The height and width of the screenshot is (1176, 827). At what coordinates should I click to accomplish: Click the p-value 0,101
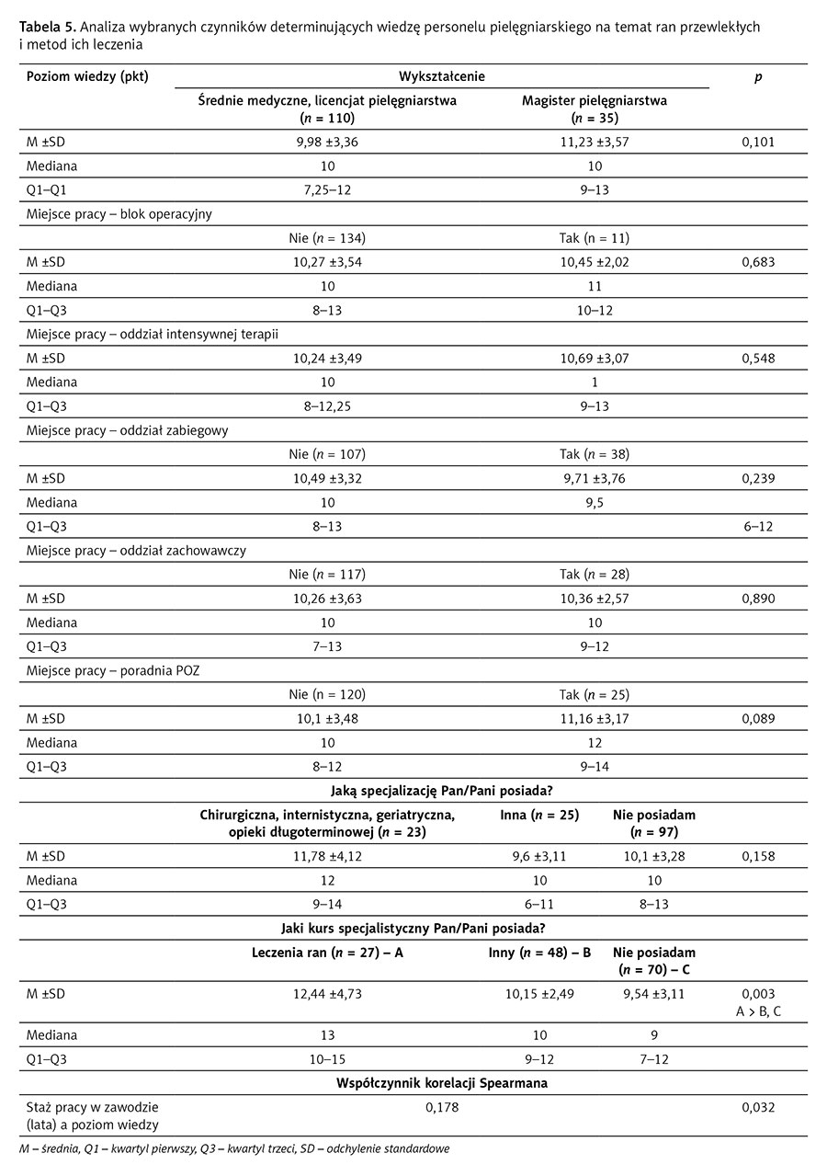coord(758,142)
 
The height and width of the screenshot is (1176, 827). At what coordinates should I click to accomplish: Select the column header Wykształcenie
coord(442,76)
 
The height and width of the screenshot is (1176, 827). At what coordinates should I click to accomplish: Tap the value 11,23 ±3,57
coord(594,142)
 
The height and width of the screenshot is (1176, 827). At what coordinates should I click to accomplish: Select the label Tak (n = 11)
coord(594,238)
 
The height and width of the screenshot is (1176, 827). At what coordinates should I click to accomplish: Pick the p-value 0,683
coord(758,262)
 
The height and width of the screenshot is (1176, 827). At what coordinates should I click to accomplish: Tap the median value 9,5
coord(594,503)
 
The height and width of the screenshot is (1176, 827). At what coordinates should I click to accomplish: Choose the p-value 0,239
coord(758,479)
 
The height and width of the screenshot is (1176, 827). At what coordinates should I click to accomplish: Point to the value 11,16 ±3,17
coord(594,718)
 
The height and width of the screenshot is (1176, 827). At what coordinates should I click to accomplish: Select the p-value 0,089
coord(758,718)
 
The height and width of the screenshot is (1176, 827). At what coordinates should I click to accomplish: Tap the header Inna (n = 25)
coord(539,815)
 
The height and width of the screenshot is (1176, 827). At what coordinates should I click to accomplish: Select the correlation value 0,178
coord(442,1108)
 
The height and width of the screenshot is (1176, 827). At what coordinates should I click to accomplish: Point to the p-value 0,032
coord(758,1108)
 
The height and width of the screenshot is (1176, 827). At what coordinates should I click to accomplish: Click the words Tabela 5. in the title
coord(48,28)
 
